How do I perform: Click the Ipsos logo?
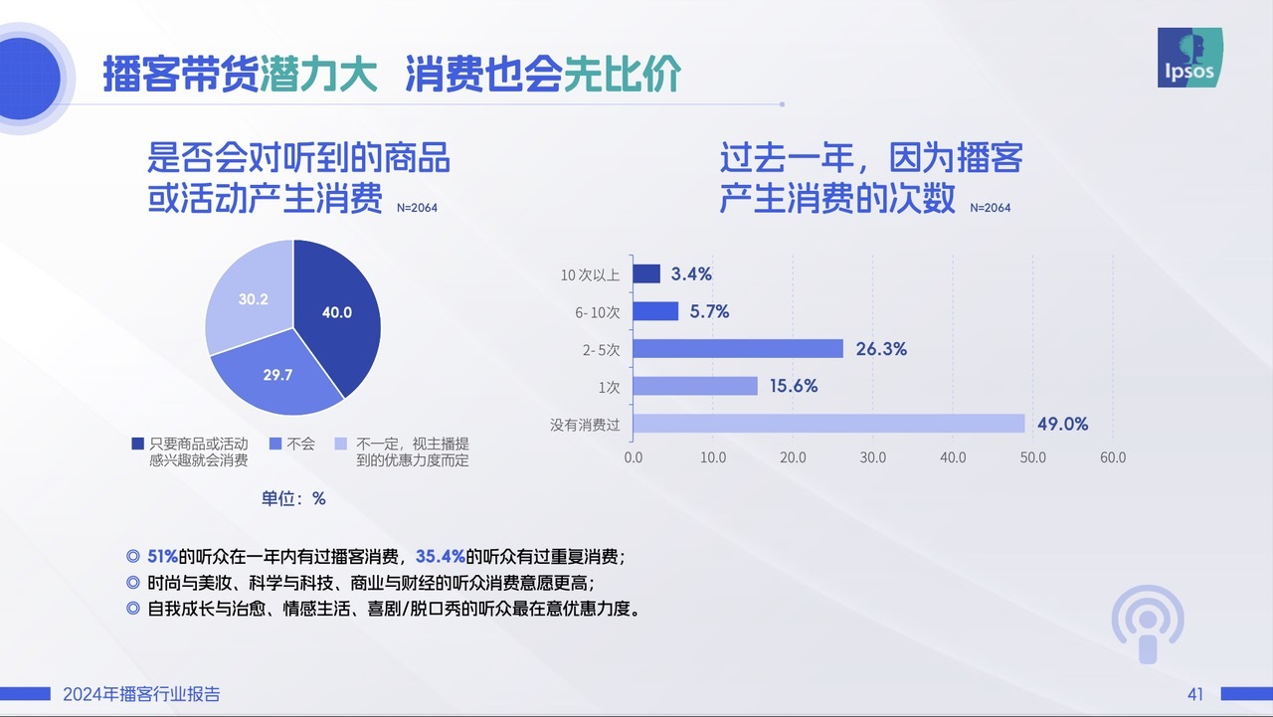[1190, 58]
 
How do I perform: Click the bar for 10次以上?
[646, 273]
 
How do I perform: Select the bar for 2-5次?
[738, 348]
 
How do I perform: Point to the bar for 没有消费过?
[828, 424]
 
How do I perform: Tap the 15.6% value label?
[794, 386]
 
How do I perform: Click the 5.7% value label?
[709, 311]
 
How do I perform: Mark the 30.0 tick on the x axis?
[873, 457]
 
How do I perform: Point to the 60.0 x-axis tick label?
[1113, 457]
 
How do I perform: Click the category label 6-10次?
[598, 312]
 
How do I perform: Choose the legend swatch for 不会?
[275, 444]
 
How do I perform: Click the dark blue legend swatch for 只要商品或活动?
[137, 444]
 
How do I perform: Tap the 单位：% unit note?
[293, 499]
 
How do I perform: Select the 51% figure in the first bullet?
[162, 556]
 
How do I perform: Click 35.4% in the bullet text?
[441, 556]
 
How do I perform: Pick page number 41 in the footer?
[1195, 694]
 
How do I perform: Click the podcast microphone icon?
[1148, 624]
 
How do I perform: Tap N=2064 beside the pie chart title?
[417, 208]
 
